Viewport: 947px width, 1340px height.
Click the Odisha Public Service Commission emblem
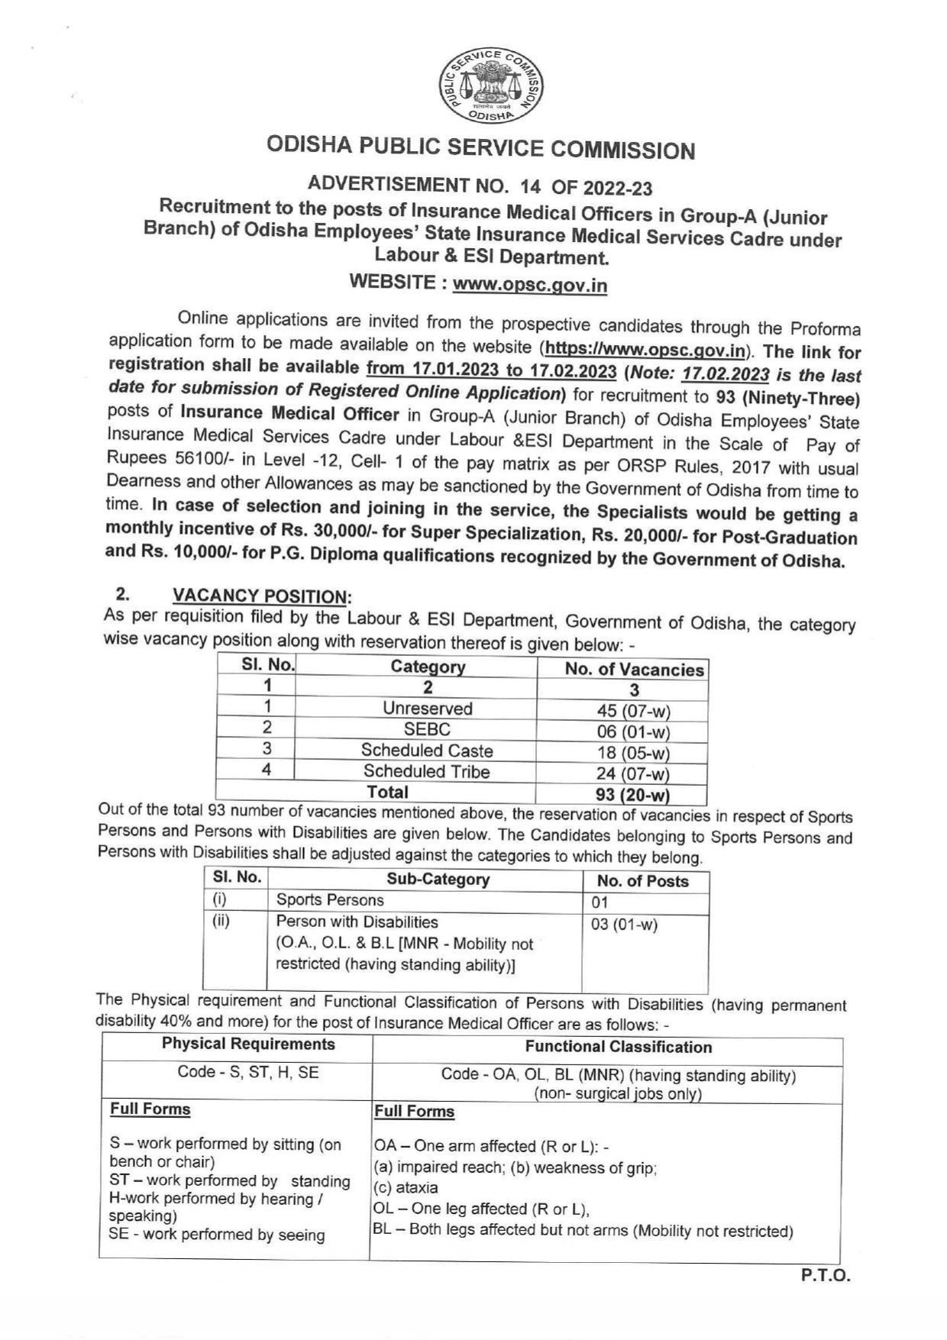[492, 86]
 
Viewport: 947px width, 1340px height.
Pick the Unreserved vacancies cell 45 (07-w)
[633, 711]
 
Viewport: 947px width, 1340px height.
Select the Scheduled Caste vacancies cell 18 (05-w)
[633, 753]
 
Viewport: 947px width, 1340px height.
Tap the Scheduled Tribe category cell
[426, 771]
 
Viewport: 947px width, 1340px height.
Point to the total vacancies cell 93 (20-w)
[633, 795]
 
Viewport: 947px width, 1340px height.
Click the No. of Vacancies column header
[633, 670]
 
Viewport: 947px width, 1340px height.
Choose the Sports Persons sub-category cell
[330, 900]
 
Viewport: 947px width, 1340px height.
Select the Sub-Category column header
[437, 879]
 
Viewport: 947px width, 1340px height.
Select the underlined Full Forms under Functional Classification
[414, 1112]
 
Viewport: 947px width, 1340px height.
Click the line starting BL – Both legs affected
[583, 1231]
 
